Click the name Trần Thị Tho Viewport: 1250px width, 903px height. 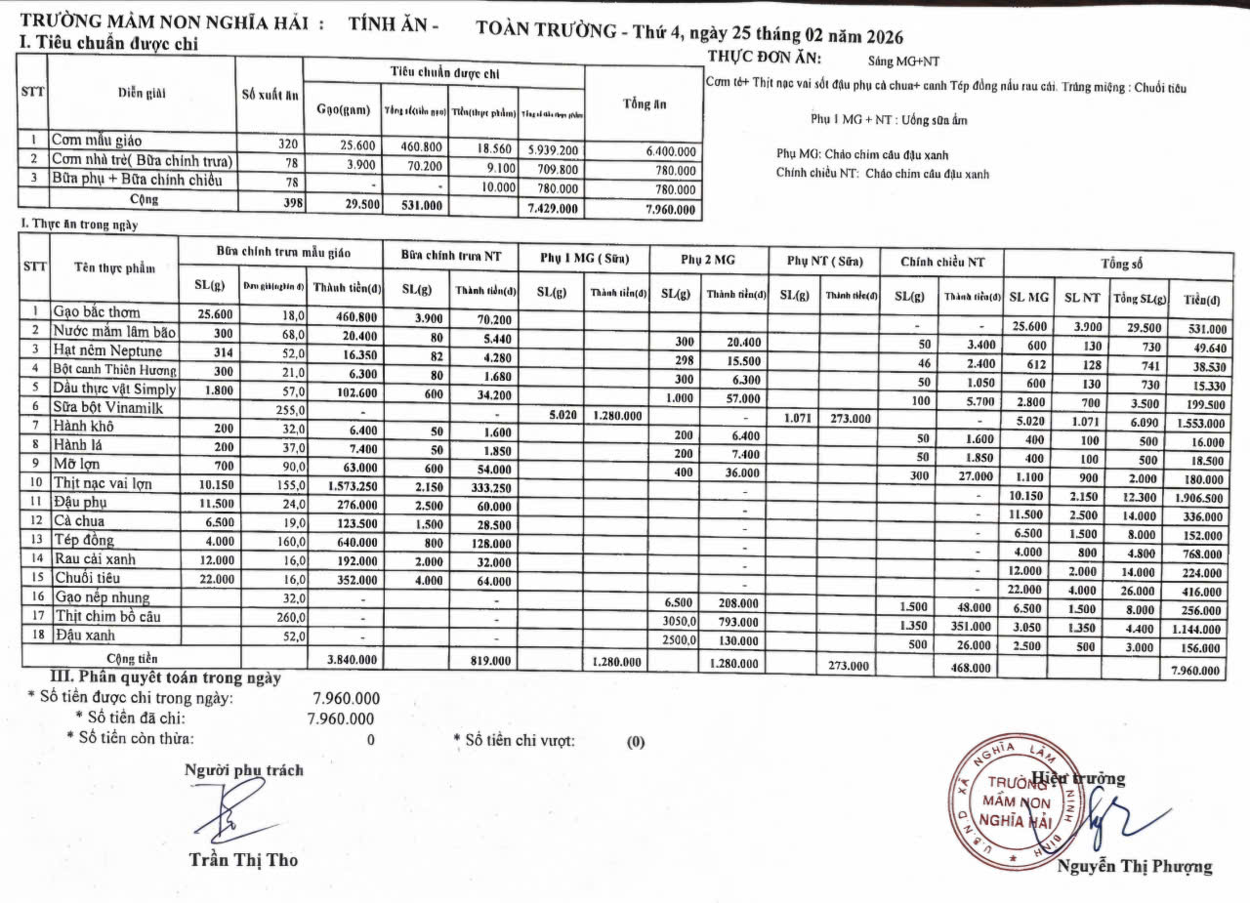pos(243,860)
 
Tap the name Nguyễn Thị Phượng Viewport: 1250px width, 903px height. pos(1134,866)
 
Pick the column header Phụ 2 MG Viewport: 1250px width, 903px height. pos(707,261)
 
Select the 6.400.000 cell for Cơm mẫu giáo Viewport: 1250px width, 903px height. pos(670,151)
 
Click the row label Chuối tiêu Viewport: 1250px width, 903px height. pos(90,579)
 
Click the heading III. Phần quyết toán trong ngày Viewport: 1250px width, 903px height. pos(165,677)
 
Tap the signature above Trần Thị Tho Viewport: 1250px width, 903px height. pos(234,813)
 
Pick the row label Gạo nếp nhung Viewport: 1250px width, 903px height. pos(101,597)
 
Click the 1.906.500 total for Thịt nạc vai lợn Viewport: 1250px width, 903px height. pos(1199,498)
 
